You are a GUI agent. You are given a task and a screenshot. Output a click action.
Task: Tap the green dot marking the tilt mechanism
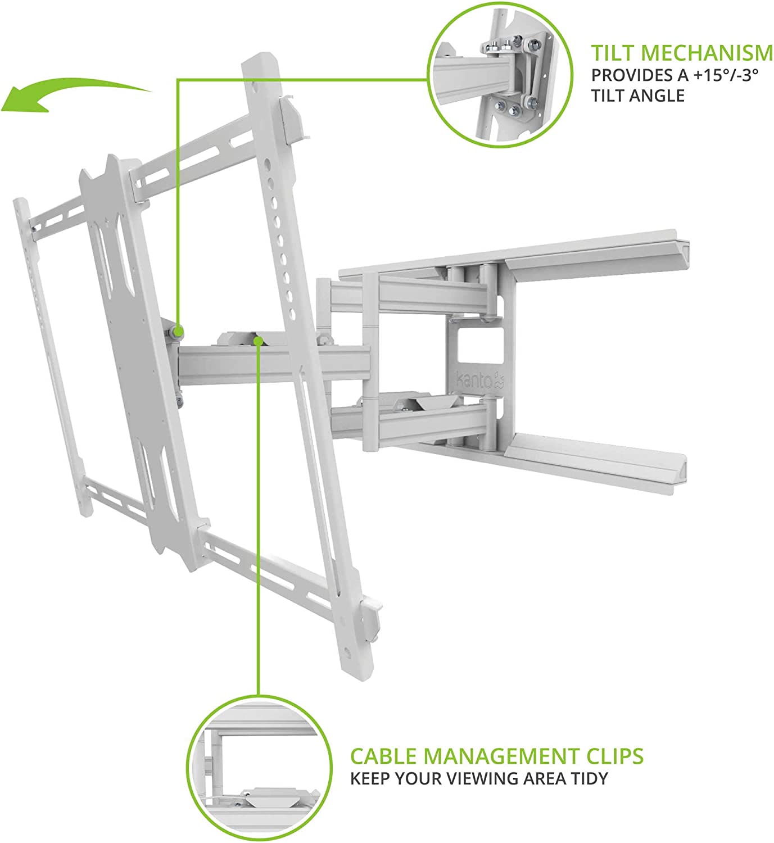(179, 332)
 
